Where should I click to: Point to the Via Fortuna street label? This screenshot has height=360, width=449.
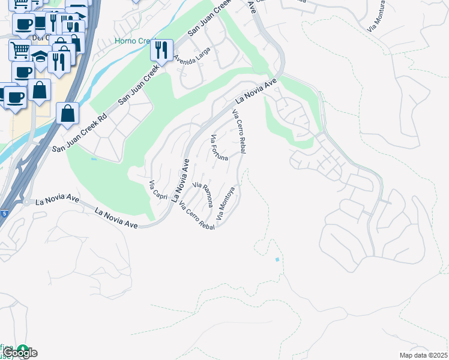pyautogui.click(x=218, y=148)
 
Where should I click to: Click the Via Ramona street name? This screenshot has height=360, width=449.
pyautogui.click(x=202, y=194)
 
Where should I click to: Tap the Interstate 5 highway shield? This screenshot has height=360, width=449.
pyautogui.click(x=4, y=212)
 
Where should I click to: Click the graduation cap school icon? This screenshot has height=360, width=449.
pyautogui.click(x=40, y=58)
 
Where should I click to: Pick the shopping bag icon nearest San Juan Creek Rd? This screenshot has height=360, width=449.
pyautogui.click(x=68, y=112)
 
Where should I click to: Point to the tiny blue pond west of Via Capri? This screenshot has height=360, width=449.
pyautogui.click(x=92, y=159)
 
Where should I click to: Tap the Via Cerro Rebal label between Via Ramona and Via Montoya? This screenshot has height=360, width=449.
pyautogui.click(x=197, y=217)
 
